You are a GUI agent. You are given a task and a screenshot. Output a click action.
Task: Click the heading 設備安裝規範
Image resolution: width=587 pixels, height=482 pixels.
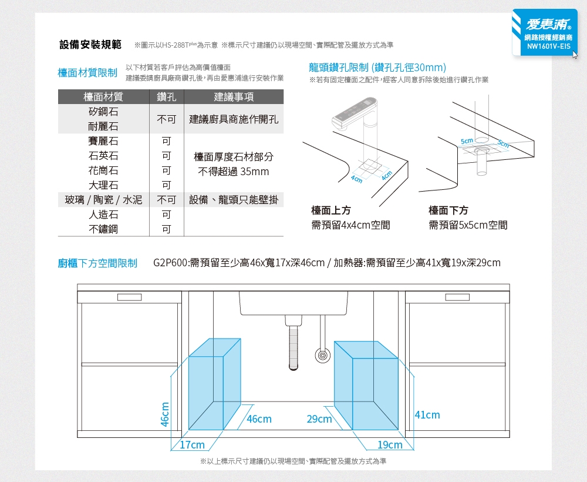(90, 45)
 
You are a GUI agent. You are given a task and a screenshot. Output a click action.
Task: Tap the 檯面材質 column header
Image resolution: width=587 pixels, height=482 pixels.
(103, 97)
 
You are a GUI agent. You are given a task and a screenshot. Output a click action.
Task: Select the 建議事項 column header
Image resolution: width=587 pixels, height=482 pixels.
(234, 97)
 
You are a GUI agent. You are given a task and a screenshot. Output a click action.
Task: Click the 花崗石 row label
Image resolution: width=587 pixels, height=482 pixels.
(103, 170)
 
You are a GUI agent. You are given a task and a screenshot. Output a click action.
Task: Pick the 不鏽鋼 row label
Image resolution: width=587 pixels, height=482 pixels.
(103, 229)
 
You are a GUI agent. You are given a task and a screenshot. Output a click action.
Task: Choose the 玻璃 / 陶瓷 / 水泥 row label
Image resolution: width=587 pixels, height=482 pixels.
(103, 200)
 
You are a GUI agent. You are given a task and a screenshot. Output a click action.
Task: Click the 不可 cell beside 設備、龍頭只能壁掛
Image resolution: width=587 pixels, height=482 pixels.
(167, 200)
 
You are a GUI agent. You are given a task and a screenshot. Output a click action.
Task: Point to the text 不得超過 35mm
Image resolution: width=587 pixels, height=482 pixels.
(234, 172)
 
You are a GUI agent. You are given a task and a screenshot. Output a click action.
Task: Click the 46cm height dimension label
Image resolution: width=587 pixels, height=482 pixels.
(165, 414)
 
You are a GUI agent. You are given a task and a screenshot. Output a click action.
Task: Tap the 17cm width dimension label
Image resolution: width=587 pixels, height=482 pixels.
(193, 445)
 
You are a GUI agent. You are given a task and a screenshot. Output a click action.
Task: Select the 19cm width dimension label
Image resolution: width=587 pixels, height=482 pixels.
(390, 445)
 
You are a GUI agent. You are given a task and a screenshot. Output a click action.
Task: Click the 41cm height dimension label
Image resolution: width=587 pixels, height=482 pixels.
(427, 415)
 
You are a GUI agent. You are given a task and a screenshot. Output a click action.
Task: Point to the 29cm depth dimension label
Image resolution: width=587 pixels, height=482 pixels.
(319, 419)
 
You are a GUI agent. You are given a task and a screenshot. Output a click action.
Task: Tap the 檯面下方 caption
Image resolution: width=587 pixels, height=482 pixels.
(448, 210)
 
